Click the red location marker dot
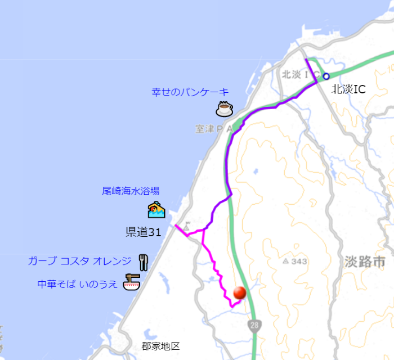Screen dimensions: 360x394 pyautogui.click(x=240, y=292)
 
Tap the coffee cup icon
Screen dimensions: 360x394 pyautogui.click(x=225, y=108)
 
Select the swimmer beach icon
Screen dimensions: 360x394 pyautogui.click(x=156, y=210)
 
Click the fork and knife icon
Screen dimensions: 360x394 pyautogui.click(x=143, y=262)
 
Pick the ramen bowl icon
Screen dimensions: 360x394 pyautogui.click(x=131, y=283)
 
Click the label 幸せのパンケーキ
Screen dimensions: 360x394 pyautogui.click(x=190, y=92)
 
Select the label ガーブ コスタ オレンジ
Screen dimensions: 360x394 pyautogui.click(x=79, y=261)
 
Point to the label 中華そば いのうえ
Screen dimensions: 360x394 pyautogui.click(x=78, y=284)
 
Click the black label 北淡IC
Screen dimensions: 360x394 pyautogui.click(x=348, y=88)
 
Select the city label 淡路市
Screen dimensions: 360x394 pyautogui.click(x=365, y=262)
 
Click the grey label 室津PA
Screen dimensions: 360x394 pyautogui.click(x=214, y=129)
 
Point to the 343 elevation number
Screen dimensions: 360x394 pyautogui.click(x=299, y=262)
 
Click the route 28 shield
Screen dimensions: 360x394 pyautogui.click(x=256, y=325)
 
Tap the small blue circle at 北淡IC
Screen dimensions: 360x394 pyautogui.click(x=326, y=76)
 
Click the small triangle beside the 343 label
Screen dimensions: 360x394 pyautogui.click(x=286, y=262)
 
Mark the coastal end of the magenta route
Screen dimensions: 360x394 pyautogui.click(x=176, y=226)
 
